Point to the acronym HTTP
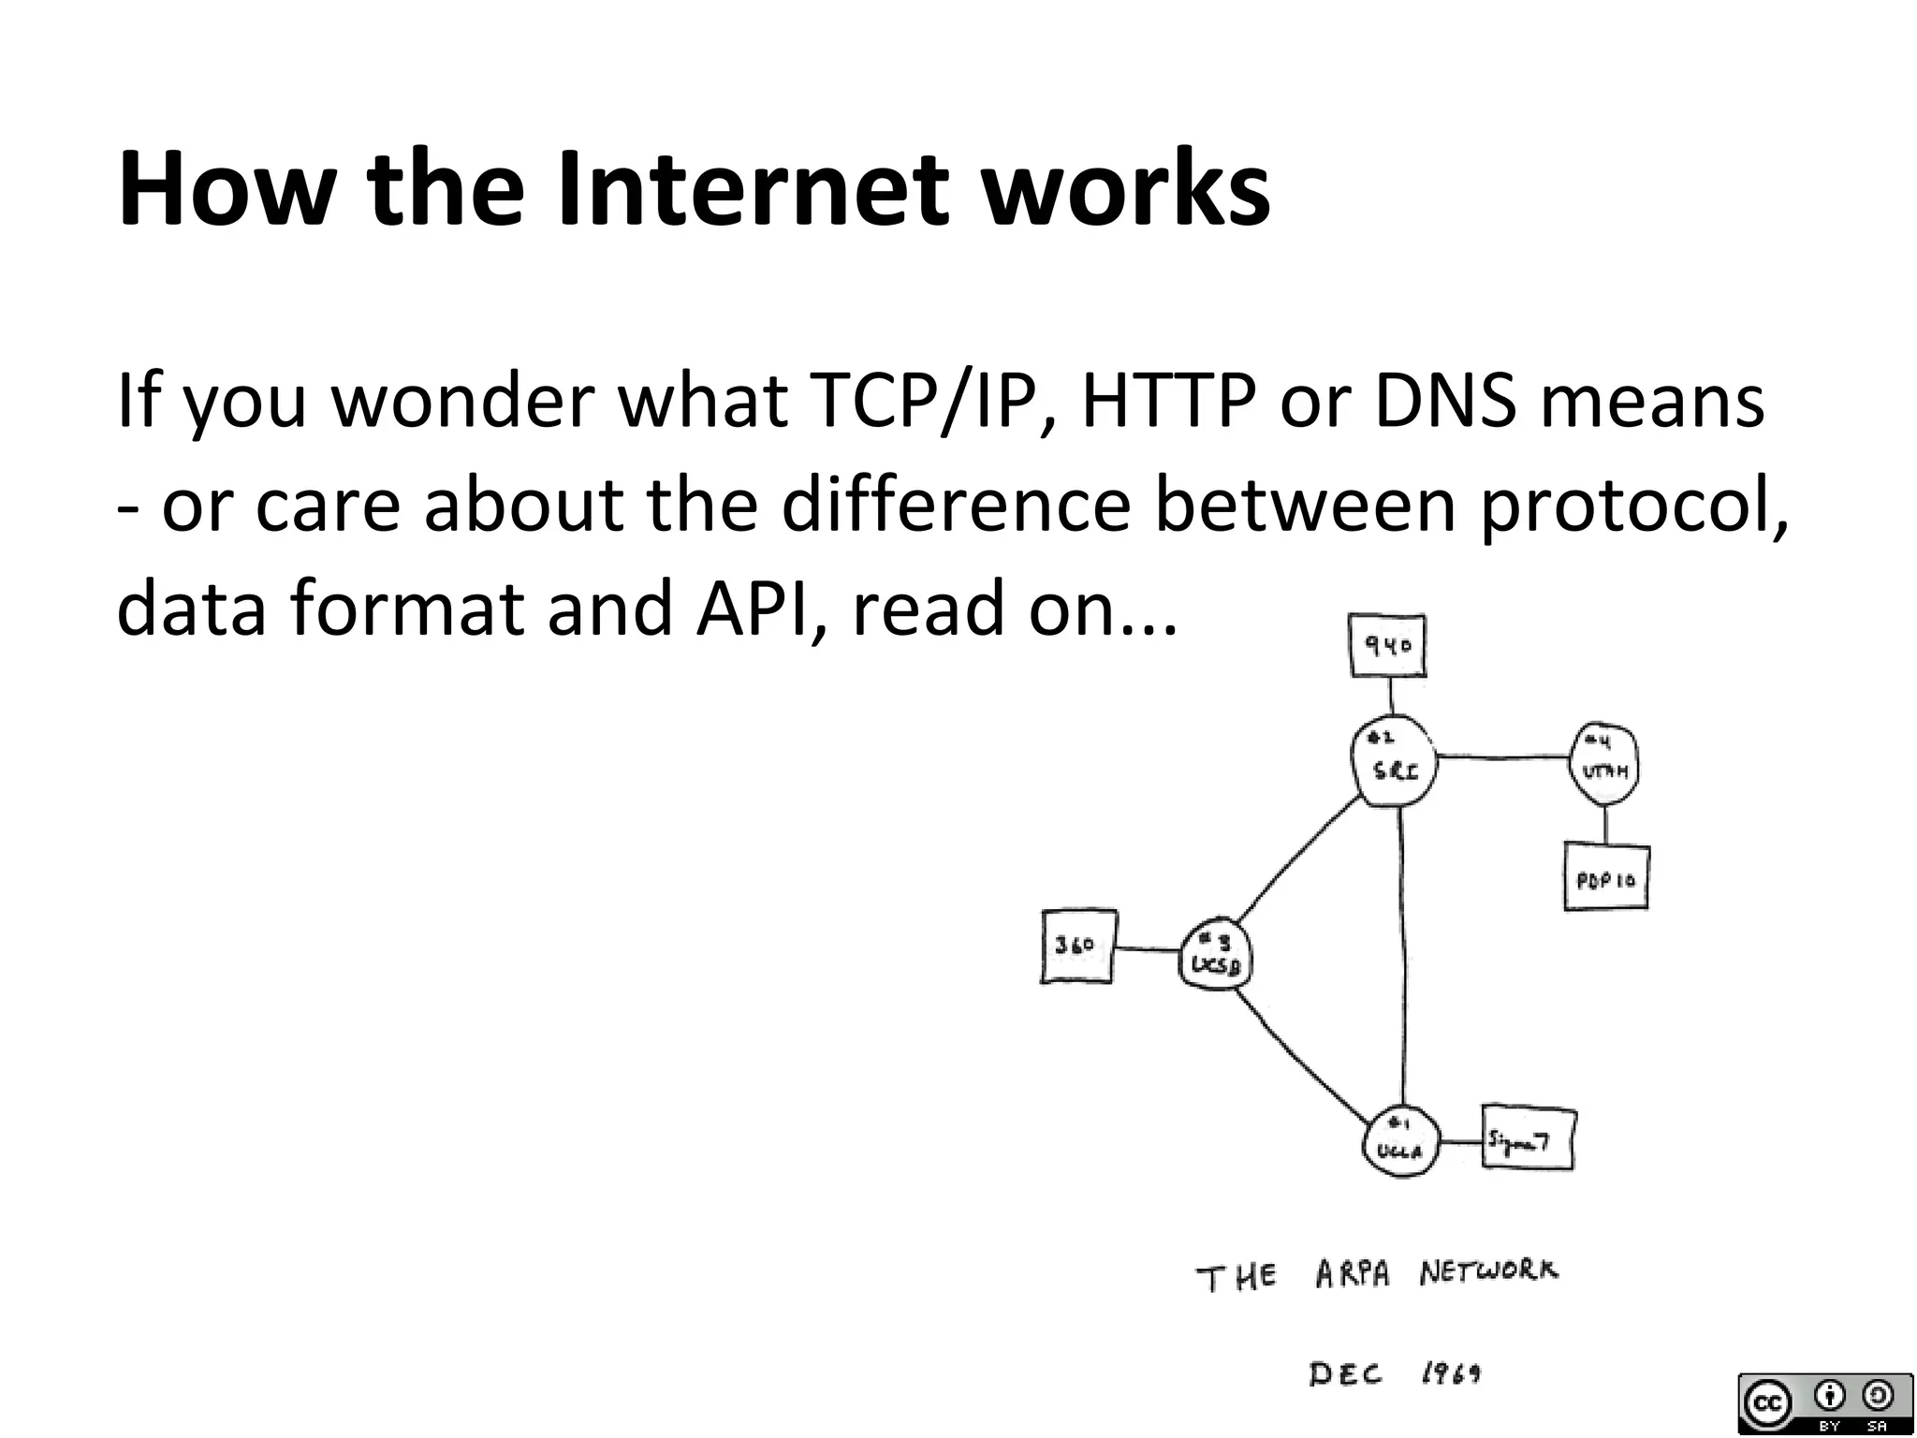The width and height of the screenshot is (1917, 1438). [x=1168, y=401]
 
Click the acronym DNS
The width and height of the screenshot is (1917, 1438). [x=1444, y=401]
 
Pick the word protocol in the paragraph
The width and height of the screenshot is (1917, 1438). [x=1632, y=506]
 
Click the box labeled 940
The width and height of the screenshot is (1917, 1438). [x=1388, y=646]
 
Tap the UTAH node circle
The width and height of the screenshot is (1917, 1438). [x=1604, y=764]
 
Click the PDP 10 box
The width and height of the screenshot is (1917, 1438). [x=1606, y=878]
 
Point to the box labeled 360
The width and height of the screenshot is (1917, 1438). [x=1078, y=946]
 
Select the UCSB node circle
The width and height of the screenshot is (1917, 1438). [x=1215, y=955]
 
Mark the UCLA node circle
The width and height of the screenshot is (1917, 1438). [x=1399, y=1141]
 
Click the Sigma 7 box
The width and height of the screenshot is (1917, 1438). [x=1529, y=1139]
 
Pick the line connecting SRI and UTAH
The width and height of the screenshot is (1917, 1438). [x=1502, y=756]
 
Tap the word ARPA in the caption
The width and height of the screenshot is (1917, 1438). [x=1353, y=1275]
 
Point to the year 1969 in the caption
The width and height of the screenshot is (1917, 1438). [x=1450, y=1374]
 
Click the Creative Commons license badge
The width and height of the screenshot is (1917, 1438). [x=1824, y=1403]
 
